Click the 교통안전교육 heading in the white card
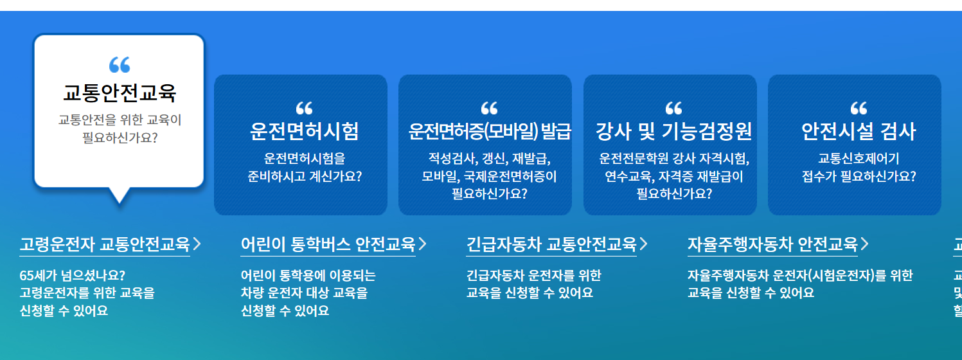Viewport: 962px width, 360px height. point(119,93)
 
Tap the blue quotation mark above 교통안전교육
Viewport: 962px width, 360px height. point(119,64)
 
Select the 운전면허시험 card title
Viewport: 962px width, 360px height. point(304,131)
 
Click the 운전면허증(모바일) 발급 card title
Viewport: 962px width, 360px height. point(490,131)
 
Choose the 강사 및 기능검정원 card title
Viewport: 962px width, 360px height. point(673,131)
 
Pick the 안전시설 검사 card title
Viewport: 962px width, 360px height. point(858,131)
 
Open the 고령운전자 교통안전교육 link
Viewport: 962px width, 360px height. point(105,244)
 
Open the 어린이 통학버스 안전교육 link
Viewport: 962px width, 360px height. point(328,244)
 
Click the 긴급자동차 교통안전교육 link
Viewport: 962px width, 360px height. point(551,244)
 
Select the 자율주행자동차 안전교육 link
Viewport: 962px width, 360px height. point(772,244)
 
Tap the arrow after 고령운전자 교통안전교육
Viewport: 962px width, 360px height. point(197,244)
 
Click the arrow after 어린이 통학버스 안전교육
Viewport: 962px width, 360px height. point(422,244)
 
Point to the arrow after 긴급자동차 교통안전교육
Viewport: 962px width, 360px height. point(643,244)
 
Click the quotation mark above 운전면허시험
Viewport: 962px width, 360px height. point(304,108)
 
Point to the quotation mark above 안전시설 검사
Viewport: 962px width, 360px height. point(858,108)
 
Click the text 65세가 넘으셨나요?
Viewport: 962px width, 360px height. point(73,276)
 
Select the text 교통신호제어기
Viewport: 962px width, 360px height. point(859,158)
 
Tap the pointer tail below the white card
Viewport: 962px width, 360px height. point(119,195)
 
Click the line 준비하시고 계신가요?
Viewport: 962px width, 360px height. point(305,175)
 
